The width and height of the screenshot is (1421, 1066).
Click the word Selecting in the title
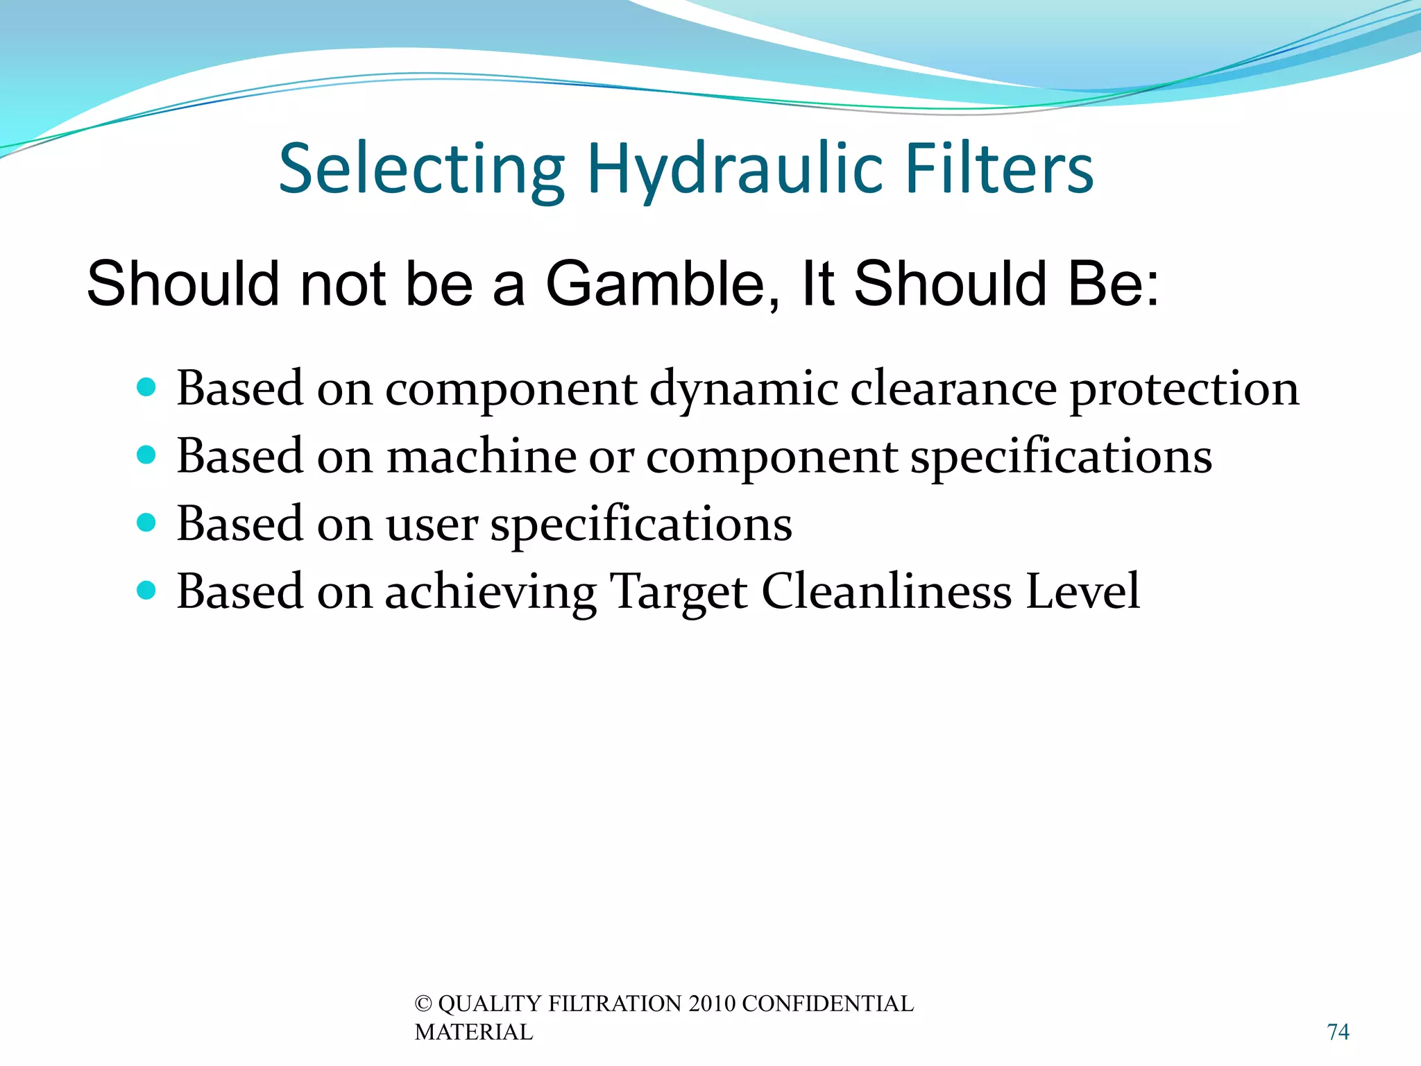[422, 169]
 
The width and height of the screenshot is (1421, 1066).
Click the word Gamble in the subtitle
[663, 285]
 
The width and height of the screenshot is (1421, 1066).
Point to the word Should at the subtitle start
[182, 285]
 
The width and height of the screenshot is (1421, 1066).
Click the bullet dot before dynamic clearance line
[146, 387]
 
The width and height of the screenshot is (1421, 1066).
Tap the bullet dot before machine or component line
[146, 455]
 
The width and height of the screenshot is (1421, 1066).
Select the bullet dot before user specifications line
[146, 522]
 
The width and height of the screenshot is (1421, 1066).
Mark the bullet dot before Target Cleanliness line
[146, 590]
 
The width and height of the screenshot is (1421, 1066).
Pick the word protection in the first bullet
[1184, 389]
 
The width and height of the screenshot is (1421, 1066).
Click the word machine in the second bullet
[481, 457]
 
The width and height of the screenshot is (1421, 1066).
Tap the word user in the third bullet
[431, 525]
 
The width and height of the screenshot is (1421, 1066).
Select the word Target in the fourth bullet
[678, 592]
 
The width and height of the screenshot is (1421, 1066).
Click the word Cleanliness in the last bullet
[886, 592]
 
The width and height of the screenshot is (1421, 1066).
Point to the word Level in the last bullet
[1082, 592]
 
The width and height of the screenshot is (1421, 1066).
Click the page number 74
[1338, 1032]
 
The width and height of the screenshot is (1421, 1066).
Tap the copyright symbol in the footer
[423, 1004]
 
